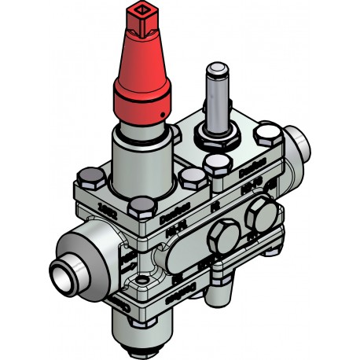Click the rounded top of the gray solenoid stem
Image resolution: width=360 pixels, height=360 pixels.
pos(215,70)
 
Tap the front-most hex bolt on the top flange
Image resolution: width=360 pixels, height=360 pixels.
pos(142,208)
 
